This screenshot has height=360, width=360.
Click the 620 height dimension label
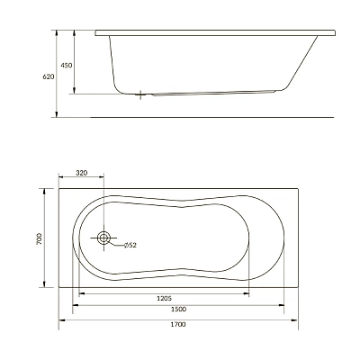pyautogui.click(x=49, y=76)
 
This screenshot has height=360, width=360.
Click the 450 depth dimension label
pyautogui.click(x=67, y=65)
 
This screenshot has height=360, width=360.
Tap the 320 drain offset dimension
pyautogui.click(x=81, y=173)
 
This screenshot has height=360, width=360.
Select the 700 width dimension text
pyautogui.click(x=40, y=238)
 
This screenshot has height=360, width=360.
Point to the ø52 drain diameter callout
pyautogui.click(x=130, y=245)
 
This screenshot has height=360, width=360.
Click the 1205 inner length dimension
pyautogui.click(x=164, y=298)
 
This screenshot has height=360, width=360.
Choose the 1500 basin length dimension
pyautogui.click(x=178, y=310)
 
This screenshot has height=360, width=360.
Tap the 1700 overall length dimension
pyautogui.click(x=178, y=324)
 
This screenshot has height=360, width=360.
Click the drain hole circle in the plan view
pyautogui.click(x=103, y=238)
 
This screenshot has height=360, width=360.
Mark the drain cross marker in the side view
pyautogui.click(x=140, y=94)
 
